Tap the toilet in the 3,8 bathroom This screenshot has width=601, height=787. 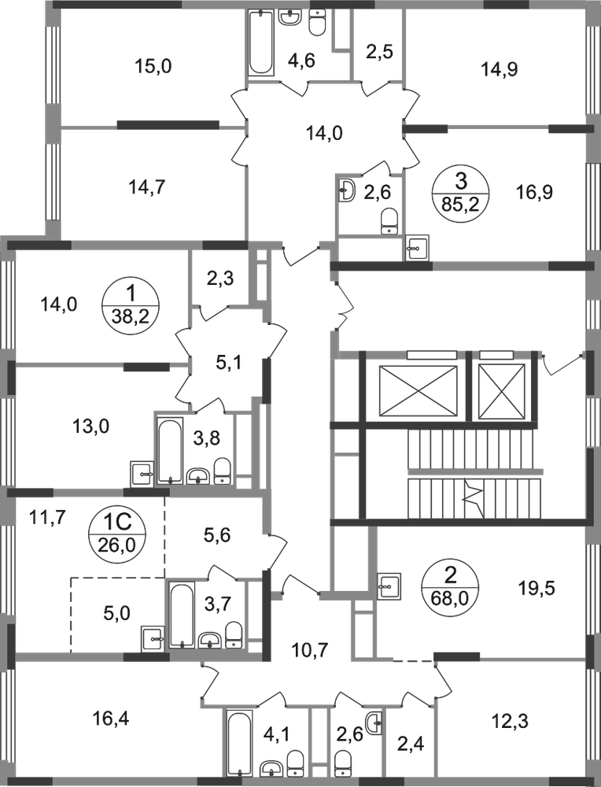(x=223, y=469)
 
